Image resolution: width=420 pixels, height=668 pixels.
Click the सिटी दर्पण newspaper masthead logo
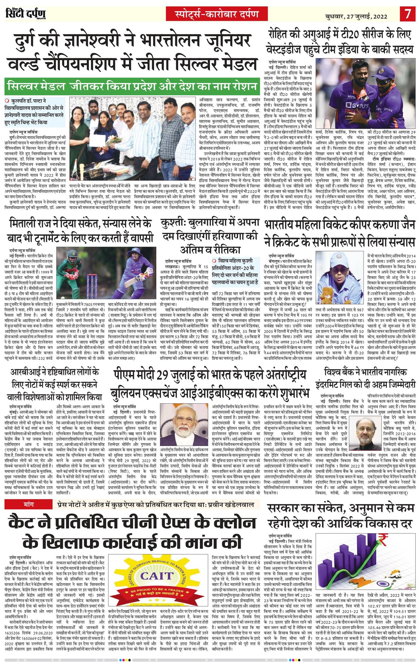(x=25, y=14)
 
